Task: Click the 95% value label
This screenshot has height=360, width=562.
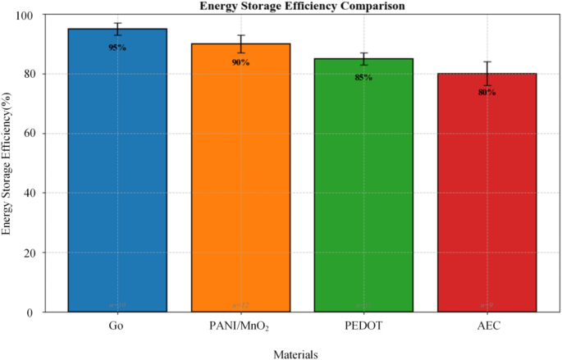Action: [x=117, y=48]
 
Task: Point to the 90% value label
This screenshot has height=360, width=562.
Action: [x=240, y=62]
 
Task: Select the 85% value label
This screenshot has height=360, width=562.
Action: [x=363, y=77]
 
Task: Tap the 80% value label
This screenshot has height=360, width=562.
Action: [x=487, y=93]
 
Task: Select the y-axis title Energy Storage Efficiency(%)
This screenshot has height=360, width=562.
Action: [x=7, y=163]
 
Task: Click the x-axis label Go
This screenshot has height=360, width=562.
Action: [x=117, y=326]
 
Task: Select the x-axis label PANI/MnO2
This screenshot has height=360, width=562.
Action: [x=240, y=326]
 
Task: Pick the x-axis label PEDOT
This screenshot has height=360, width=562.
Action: [x=363, y=326]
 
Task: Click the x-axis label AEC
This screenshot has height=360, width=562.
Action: [x=487, y=326]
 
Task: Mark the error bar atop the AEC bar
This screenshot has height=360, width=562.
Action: [x=487, y=73]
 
